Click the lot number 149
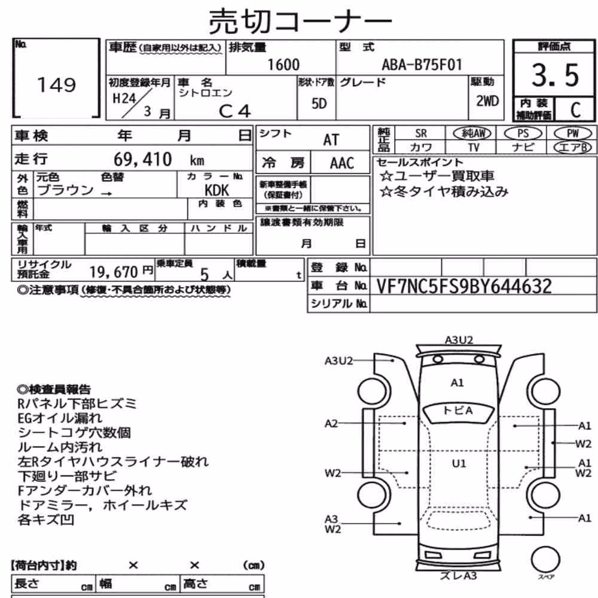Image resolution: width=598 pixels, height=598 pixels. point(56,84)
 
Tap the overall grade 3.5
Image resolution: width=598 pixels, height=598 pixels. point(556,75)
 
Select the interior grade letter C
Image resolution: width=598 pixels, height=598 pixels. point(575,110)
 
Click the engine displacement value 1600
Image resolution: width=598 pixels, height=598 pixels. point(283,65)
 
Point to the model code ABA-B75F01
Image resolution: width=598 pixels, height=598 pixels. point(422,65)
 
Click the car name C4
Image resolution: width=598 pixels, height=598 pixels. point(235,111)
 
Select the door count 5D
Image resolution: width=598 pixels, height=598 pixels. point(319,103)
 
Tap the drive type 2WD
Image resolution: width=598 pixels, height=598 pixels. point(487,100)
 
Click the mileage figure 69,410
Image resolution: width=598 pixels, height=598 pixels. point(143,159)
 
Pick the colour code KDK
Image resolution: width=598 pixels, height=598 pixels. point(216,190)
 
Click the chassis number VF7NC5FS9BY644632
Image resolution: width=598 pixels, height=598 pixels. point(464,286)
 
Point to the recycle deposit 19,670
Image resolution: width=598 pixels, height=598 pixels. point(114,272)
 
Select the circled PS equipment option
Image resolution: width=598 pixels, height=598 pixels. point(523,133)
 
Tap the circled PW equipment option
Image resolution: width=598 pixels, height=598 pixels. point(572,133)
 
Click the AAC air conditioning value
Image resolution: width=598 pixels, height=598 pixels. point(341,163)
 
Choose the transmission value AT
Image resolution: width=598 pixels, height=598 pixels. point(331,140)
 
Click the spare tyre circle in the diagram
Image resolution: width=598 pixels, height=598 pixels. point(545,560)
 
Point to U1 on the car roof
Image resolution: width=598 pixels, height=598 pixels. point(459,463)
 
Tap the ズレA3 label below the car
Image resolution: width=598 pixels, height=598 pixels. point(458,575)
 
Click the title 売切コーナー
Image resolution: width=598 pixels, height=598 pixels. point(301,22)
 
